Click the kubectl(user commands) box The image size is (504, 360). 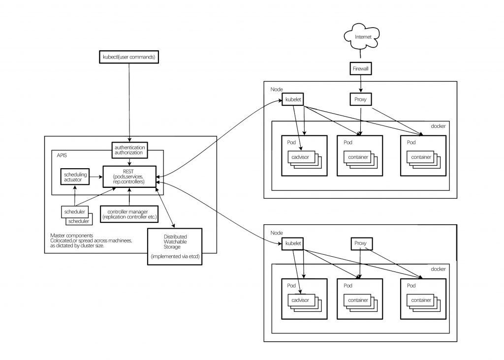click(x=129, y=57)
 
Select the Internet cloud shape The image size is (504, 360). click(x=362, y=36)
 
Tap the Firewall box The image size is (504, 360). click(x=361, y=68)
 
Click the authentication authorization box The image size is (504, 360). click(x=129, y=150)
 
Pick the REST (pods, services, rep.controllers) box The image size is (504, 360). click(x=129, y=177)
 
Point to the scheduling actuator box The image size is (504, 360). click(x=75, y=177)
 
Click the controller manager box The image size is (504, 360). click(x=129, y=214)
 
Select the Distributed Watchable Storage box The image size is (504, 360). click(x=175, y=246)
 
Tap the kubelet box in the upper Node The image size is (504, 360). click(x=293, y=99)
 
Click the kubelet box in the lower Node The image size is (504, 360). click(x=293, y=243)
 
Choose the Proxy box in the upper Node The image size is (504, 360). click(x=360, y=99)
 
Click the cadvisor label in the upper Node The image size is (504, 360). click(x=300, y=157)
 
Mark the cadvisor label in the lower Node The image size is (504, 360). click(x=300, y=300)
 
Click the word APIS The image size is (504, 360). click(x=62, y=155)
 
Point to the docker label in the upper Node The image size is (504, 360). click(x=438, y=126)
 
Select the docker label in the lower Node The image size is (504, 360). click(x=438, y=269)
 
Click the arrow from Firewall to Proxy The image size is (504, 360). click(x=361, y=84)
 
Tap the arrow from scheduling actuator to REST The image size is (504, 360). click(x=96, y=177)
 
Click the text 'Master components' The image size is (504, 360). click(x=72, y=236)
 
